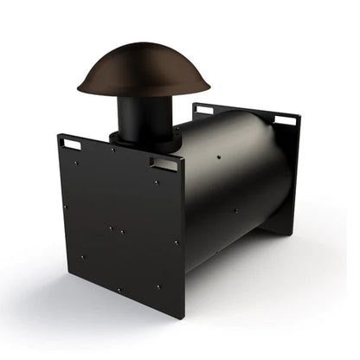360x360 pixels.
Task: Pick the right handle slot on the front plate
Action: click(x=163, y=163)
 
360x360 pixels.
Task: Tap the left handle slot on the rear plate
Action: click(x=203, y=110)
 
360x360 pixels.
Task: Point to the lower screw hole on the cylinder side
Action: click(x=235, y=210)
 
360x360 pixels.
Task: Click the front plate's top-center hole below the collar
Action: click(x=112, y=150)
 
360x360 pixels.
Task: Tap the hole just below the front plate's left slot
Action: click(x=76, y=162)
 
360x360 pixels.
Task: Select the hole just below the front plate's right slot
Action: click(x=156, y=183)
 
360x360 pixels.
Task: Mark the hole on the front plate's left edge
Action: click(x=63, y=207)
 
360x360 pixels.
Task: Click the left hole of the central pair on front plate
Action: click(x=111, y=228)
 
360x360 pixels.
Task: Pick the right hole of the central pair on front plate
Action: click(x=121, y=232)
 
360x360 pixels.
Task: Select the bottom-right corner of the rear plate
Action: click(x=292, y=232)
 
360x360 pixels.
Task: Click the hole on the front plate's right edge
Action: click(x=176, y=243)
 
